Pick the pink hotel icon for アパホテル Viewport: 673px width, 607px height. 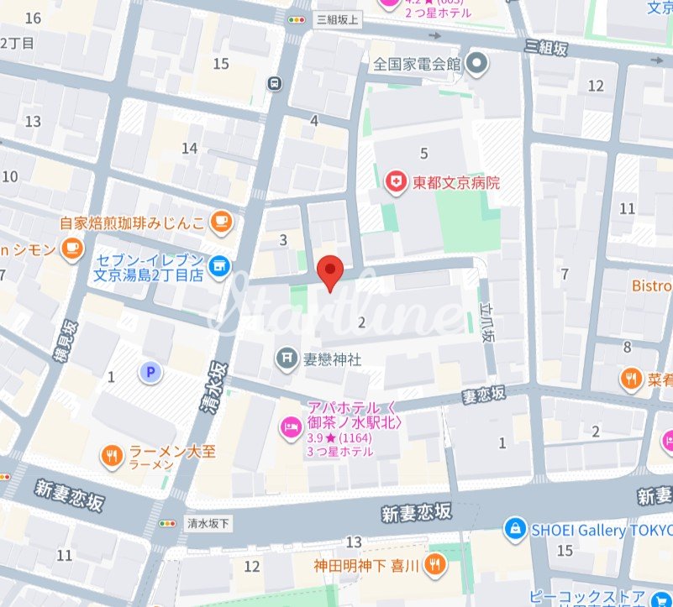[290, 426]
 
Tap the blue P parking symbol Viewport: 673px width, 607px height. [150, 371]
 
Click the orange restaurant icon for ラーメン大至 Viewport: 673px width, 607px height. [112, 457]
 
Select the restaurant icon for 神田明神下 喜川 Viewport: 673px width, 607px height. [434, 564]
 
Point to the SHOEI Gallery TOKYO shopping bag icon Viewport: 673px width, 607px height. [513, 530]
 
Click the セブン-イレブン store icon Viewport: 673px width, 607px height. [219, 265]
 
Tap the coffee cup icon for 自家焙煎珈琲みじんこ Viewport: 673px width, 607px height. [220, 222]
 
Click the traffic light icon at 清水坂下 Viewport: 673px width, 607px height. [171, 522]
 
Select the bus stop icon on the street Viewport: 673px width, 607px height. [274, 82]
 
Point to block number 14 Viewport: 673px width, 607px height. [190, 149]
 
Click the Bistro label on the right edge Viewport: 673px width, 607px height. [652, 286]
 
